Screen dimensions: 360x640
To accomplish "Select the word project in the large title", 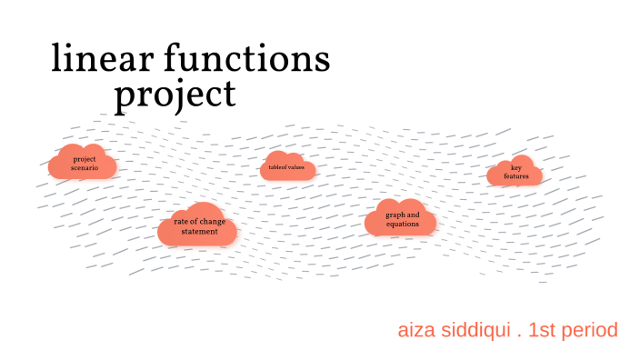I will pos(175,94).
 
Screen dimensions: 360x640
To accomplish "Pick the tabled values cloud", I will pos(288,167).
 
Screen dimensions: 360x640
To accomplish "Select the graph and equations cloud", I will pos(401,218).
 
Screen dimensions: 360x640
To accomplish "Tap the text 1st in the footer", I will pos(545,330).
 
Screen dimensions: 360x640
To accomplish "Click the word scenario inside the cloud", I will pos(85,168).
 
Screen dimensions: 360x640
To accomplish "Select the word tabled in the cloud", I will pos(278,167).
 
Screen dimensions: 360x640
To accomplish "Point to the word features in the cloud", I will pos(516,175).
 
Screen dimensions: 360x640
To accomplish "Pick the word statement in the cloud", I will pos(199,231).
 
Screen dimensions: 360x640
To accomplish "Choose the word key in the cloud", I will pos(515,167).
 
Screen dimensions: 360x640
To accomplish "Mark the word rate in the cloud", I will pos(181,221).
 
